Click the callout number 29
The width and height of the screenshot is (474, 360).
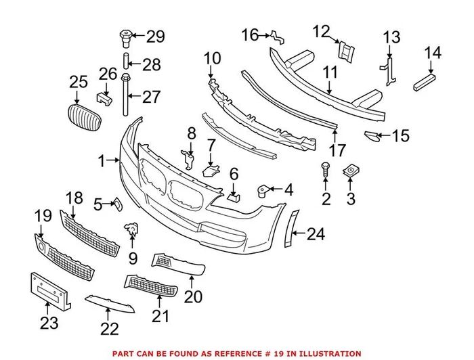(x=156, y=37)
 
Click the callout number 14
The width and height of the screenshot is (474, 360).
(x=432, y=52)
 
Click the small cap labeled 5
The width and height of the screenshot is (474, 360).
(x=116, y=202)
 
